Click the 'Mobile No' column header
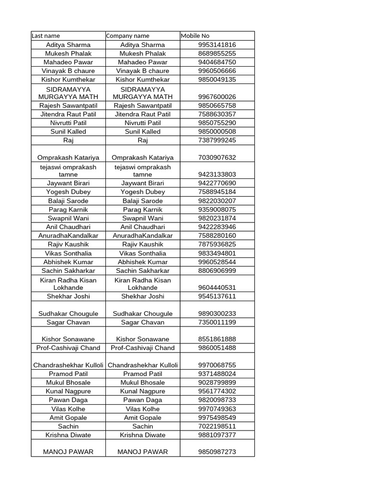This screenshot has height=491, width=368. click(x=195, y=36)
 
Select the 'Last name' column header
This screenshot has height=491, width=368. click(x=46, y=36)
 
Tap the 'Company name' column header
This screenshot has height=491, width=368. click(x=127, y=36)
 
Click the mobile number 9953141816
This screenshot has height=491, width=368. click(x=217, y=45)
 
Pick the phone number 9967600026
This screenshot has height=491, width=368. click(x=217, y=97)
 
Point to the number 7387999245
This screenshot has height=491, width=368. click(x=217, y=140)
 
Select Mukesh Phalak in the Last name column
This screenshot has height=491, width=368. click(x=68, y=53)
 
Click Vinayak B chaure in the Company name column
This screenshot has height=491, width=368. click(x=143, y=70)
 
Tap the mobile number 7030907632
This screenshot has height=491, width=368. click(x=217, y=157)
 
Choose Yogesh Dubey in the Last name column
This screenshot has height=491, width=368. click(x=68, y=192)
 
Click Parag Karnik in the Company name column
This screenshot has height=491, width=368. click(x=143, y=210)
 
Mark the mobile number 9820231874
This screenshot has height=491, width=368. click(x=217, y=218)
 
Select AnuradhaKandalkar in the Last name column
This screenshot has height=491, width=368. click(x=68, y=235)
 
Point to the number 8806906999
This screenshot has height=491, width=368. click(x=217, y=270)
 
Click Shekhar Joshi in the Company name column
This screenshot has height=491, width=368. click(x=143, y=296)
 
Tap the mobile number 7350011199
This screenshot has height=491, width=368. click(x=217, y=322)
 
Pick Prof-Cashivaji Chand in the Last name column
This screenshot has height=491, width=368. click(x=68, y=348)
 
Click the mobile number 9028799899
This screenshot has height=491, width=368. click(x=217, y=382)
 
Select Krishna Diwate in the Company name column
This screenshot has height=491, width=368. click(x=143, y=435)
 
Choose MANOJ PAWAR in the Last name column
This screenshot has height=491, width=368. click(x=68, y=452)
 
